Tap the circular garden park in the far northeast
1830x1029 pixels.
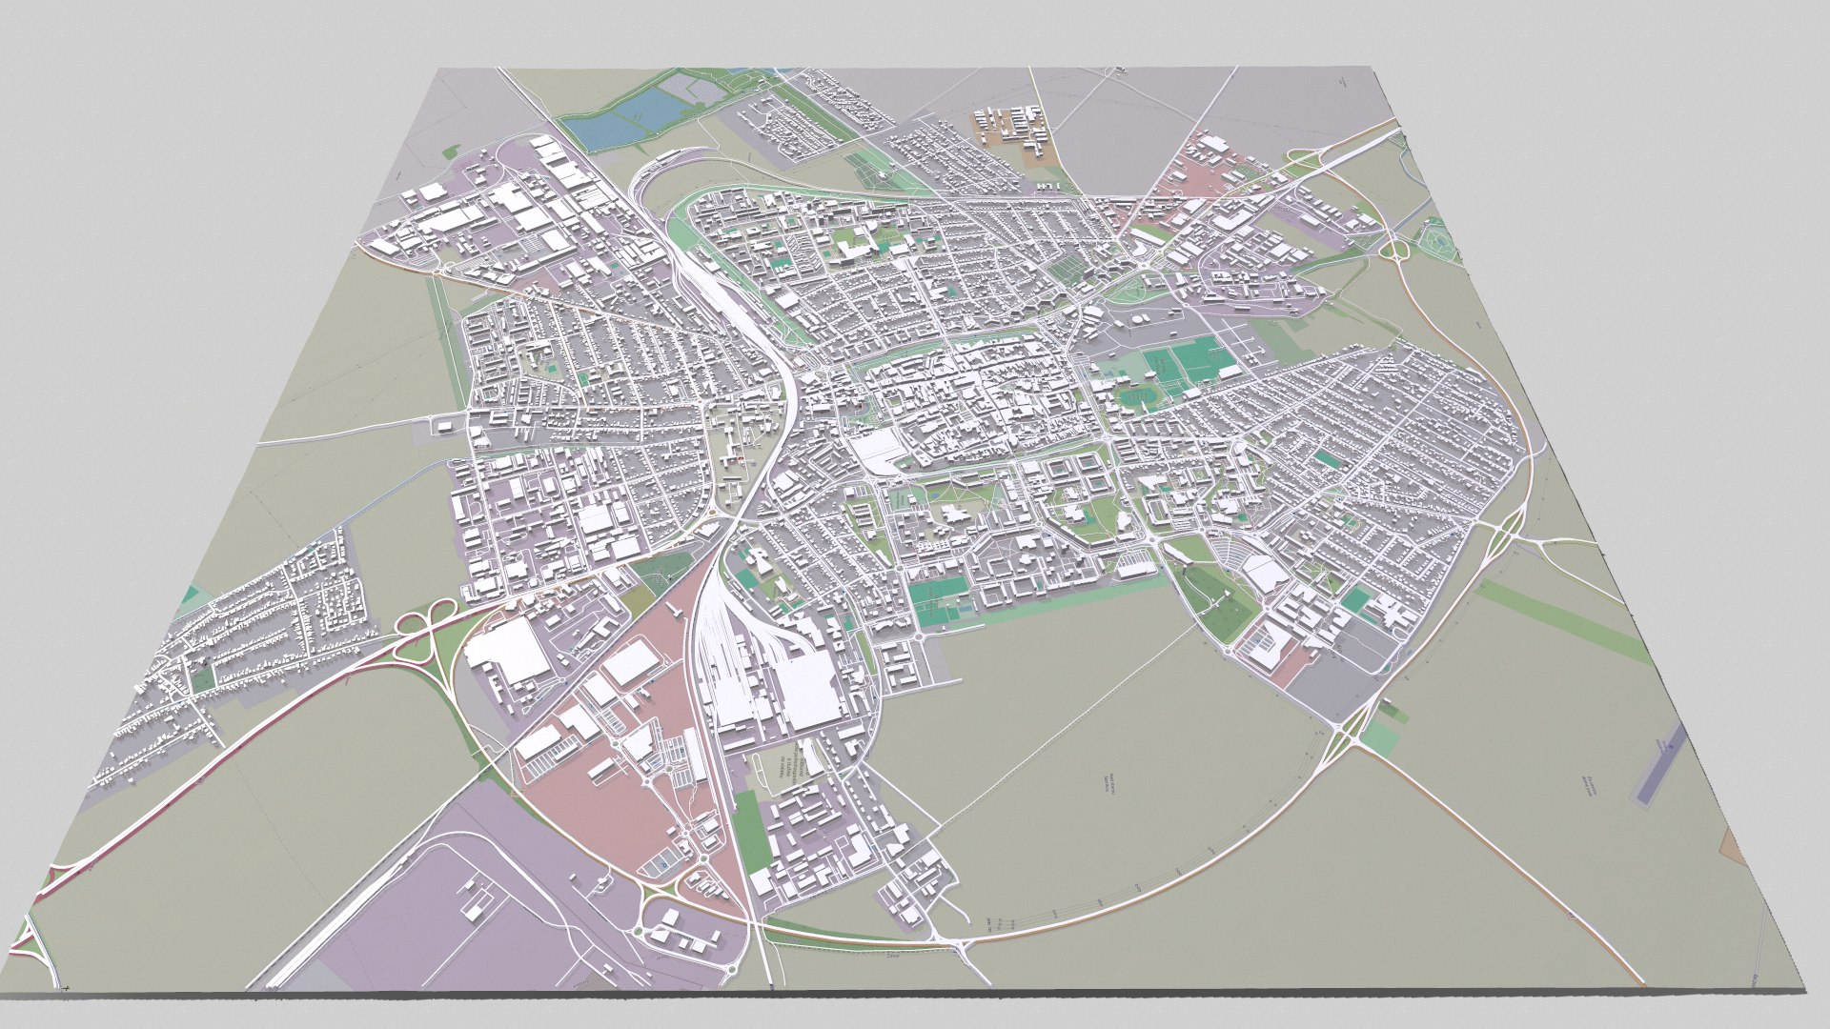[x=1438, y=238]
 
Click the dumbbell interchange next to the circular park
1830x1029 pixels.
[x=1395, y=249]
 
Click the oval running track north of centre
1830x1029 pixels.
[x=1133, y=395]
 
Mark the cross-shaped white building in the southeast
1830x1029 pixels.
[x=1393, y=615]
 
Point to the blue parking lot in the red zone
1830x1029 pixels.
[x=658, y=865]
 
